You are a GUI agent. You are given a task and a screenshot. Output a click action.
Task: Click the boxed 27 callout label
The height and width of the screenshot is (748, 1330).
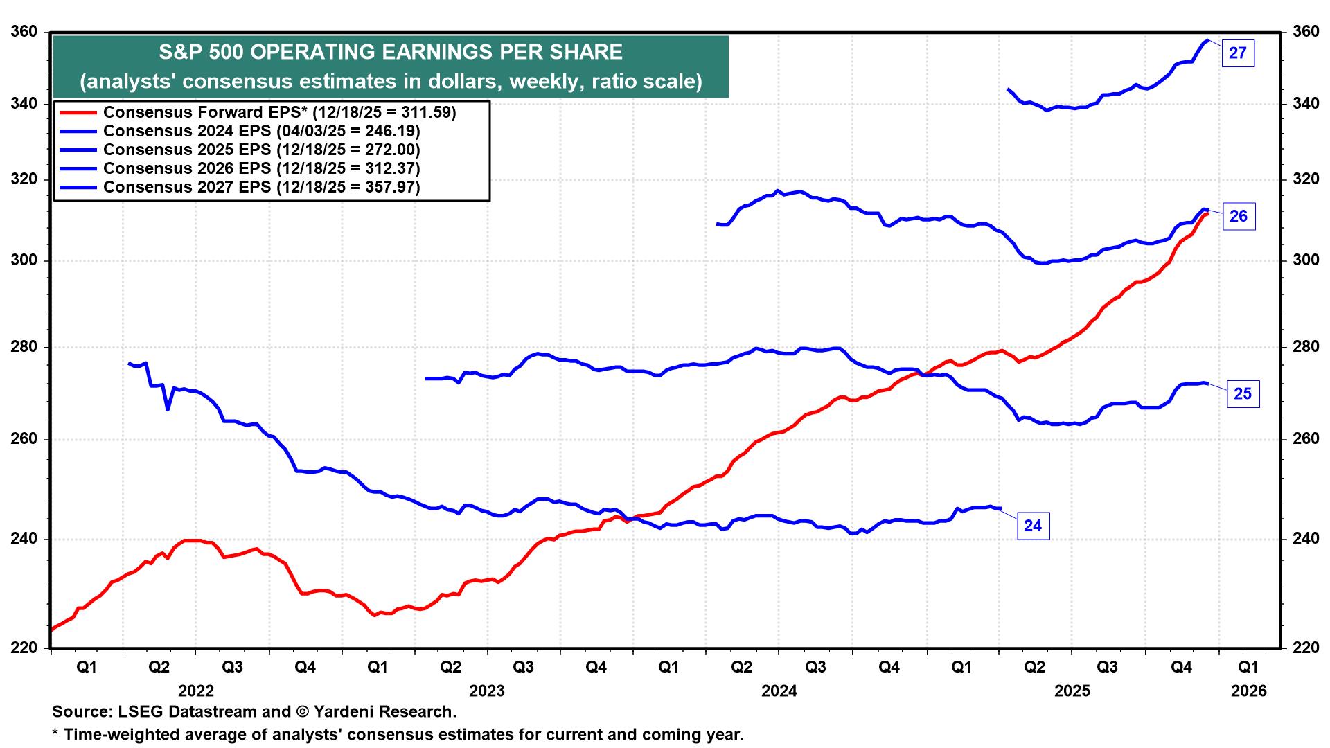coord(1237,53)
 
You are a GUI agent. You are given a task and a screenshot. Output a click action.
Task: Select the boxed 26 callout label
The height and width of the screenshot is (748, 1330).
coord(1238,217)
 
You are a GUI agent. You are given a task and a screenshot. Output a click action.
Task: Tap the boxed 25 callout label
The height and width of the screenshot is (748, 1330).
coord(1243,394)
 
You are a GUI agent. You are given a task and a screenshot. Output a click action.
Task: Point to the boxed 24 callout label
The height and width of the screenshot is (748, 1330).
coord(1032,526)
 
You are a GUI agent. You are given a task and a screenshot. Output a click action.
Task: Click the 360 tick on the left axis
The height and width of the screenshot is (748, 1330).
coord(24,32)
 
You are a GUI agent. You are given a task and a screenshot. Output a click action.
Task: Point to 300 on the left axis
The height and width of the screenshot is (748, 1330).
coord(24,260)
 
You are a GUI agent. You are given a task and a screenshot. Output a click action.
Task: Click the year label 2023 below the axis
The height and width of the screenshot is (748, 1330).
coord(487,691)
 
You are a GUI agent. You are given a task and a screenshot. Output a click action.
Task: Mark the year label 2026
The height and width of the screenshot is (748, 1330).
coord(1248,691)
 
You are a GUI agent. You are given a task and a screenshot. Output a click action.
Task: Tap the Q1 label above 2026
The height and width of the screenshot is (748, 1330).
coord(1248,668)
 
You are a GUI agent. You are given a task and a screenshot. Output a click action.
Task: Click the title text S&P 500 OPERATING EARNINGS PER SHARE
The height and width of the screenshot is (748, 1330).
coord(391,53)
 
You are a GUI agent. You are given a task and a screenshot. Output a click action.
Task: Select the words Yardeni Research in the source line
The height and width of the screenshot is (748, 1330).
coord(384,712)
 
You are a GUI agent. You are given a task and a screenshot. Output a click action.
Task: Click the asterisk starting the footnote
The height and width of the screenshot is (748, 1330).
coord(55,733)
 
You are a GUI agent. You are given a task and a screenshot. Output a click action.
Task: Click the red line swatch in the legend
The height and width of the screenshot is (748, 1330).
coord(78,112)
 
